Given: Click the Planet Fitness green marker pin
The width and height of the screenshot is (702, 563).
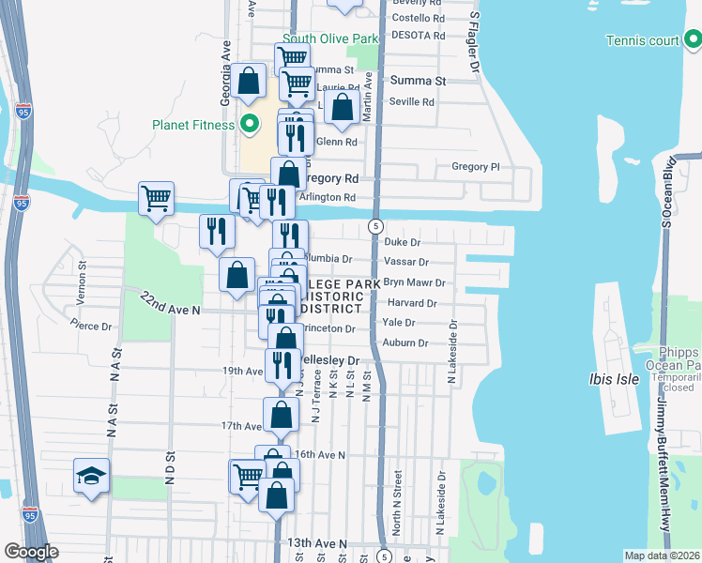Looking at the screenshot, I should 250,124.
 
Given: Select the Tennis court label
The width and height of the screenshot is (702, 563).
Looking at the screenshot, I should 642,40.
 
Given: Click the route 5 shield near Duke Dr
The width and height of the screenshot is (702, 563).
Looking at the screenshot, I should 374,226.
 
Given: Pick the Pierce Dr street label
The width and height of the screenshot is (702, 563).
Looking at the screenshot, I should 91,326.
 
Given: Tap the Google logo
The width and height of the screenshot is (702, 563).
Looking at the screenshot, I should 31,552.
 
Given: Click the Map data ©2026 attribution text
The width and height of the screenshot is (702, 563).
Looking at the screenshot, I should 662,555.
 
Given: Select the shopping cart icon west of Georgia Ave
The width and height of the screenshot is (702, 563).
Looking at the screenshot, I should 156,198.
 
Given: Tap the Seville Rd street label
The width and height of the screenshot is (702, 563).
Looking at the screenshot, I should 413,101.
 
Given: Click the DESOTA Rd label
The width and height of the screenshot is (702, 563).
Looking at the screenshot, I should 418,35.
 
